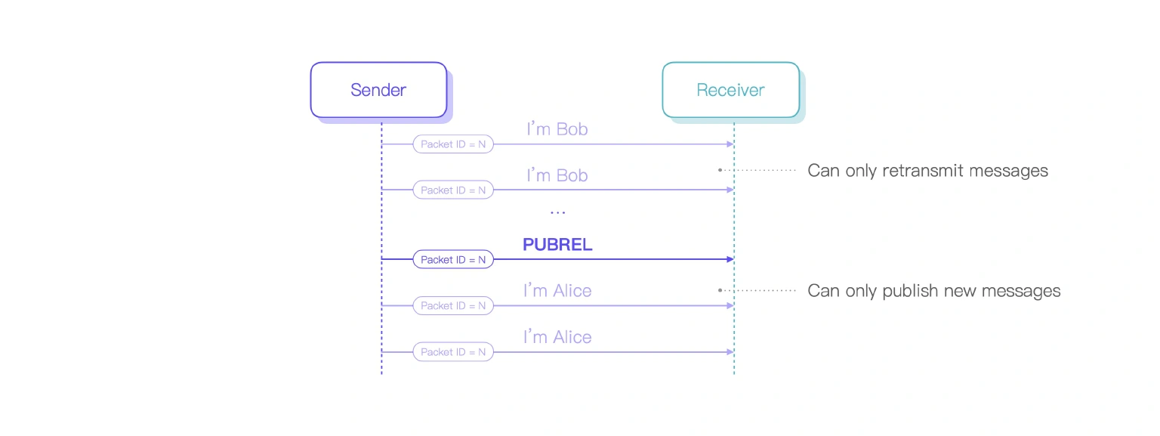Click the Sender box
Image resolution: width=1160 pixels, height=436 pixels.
[378, 90]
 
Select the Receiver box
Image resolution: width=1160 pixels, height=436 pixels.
[730, 90]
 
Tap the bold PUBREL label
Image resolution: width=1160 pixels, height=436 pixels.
[557, 245]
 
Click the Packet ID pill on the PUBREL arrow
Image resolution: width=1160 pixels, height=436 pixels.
[453, 259]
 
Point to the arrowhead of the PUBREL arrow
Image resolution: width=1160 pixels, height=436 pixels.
[730, 259]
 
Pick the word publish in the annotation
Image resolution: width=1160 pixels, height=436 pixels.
[908, 291]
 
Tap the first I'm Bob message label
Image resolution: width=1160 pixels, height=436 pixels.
[557, 129]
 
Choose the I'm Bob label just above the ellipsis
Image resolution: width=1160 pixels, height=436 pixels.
[557, 175]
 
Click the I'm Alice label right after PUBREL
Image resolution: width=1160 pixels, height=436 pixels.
[557, 291]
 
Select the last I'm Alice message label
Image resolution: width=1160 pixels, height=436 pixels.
[557, 337]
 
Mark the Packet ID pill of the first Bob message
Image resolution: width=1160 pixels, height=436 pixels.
[453, 144]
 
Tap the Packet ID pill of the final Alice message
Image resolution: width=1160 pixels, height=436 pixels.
[453, 352]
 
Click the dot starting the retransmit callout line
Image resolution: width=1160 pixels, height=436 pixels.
[720, 170]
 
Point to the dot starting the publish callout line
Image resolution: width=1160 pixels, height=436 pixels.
[720, 290]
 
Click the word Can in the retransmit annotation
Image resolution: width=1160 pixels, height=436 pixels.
[823, 171]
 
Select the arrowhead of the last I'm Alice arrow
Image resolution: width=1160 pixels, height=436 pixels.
[730, 352]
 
